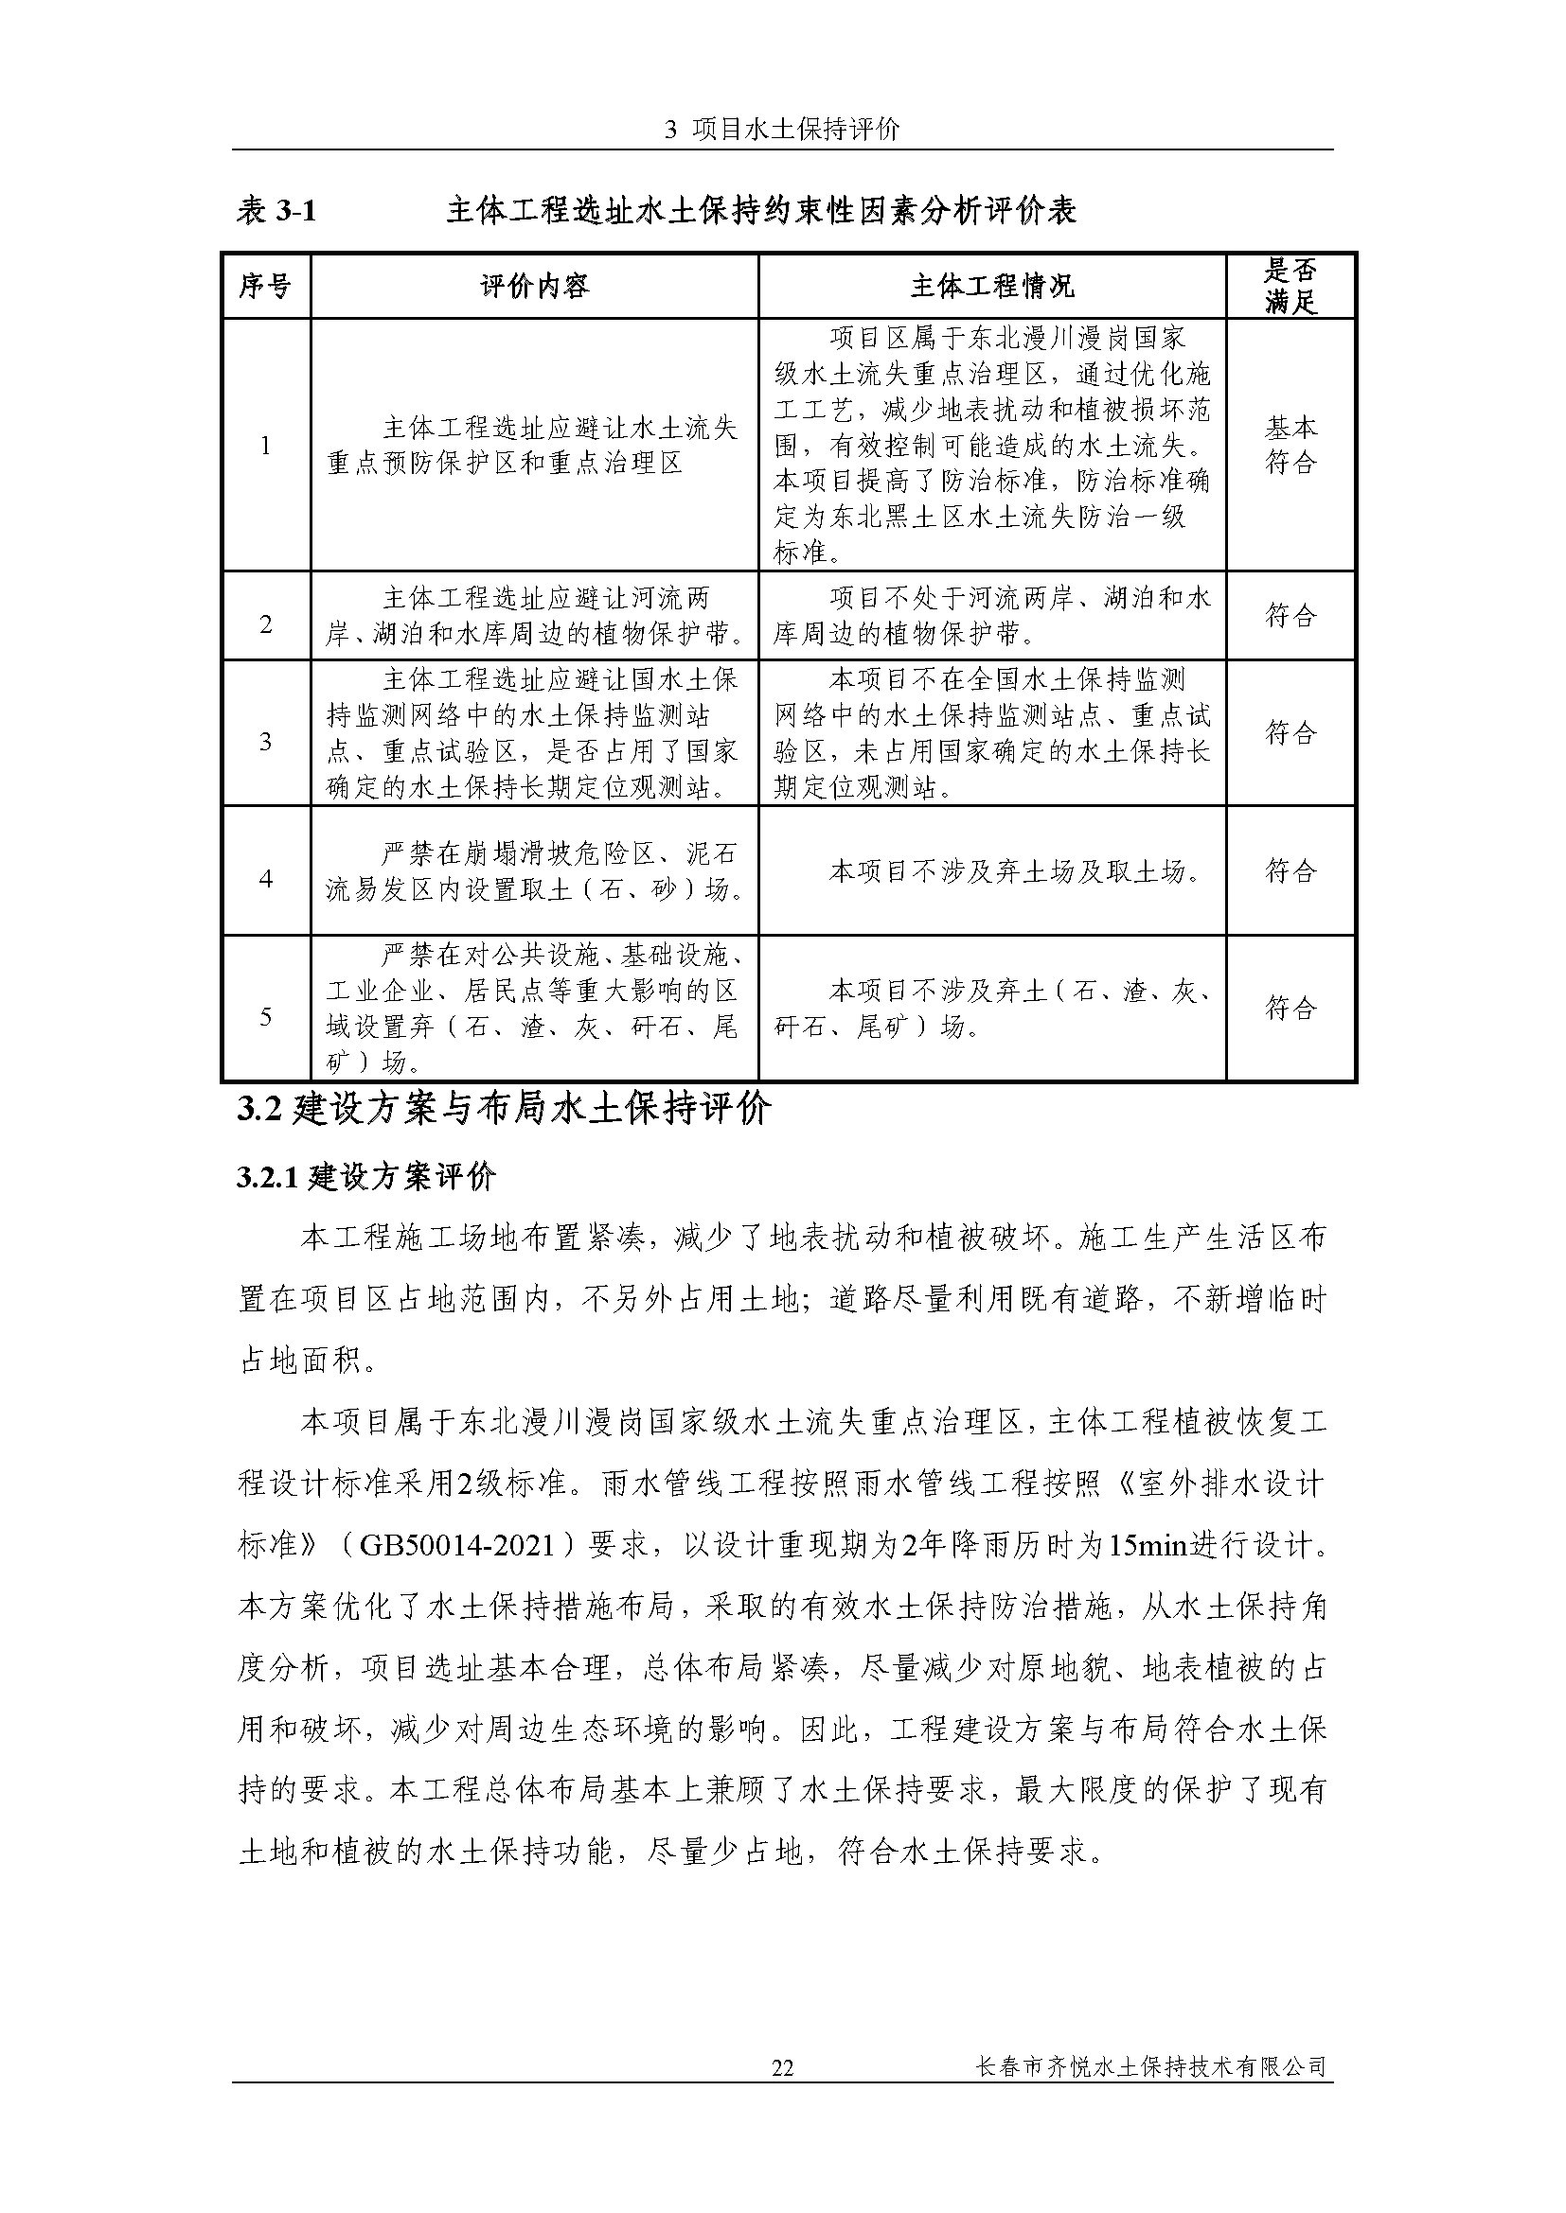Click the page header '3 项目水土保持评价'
[782, 131]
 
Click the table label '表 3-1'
[276, 211]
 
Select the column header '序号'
[265, 287]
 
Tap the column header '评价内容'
[534, 287]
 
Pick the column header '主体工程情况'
[992, 287]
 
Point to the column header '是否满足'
[1290, 287]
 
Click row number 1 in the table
[265, 446]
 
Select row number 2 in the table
[265, 624]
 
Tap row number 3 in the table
[265, 741]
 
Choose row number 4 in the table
[265, 879]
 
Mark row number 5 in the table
[265, 1016]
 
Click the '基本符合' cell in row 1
[1290, 446]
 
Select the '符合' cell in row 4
[1290, 871]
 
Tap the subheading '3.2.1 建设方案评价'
[366, 1178]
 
